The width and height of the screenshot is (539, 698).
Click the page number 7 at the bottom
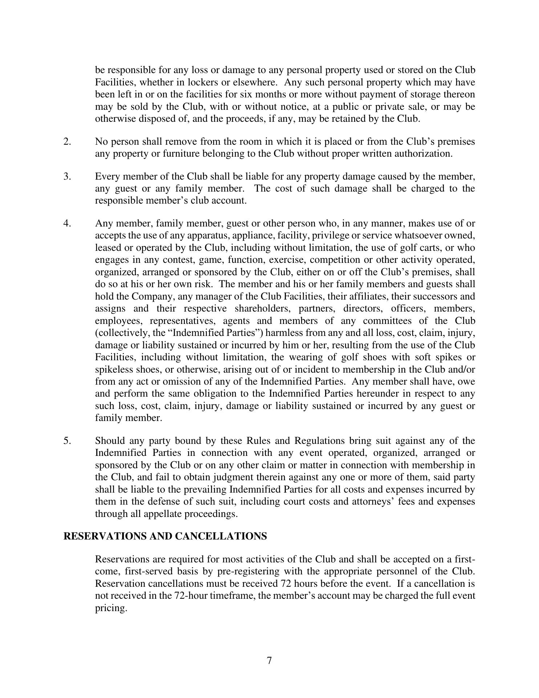(269, 661)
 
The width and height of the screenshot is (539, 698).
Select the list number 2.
(67, 141)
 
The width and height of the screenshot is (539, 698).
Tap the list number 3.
(67, 177)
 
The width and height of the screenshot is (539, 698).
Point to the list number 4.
(67, 224)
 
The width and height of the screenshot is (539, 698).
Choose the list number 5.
(67, 441)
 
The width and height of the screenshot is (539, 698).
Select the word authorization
(423, 154)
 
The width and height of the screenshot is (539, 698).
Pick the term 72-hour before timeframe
(189, 596)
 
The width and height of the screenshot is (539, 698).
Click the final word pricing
(111, 608)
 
